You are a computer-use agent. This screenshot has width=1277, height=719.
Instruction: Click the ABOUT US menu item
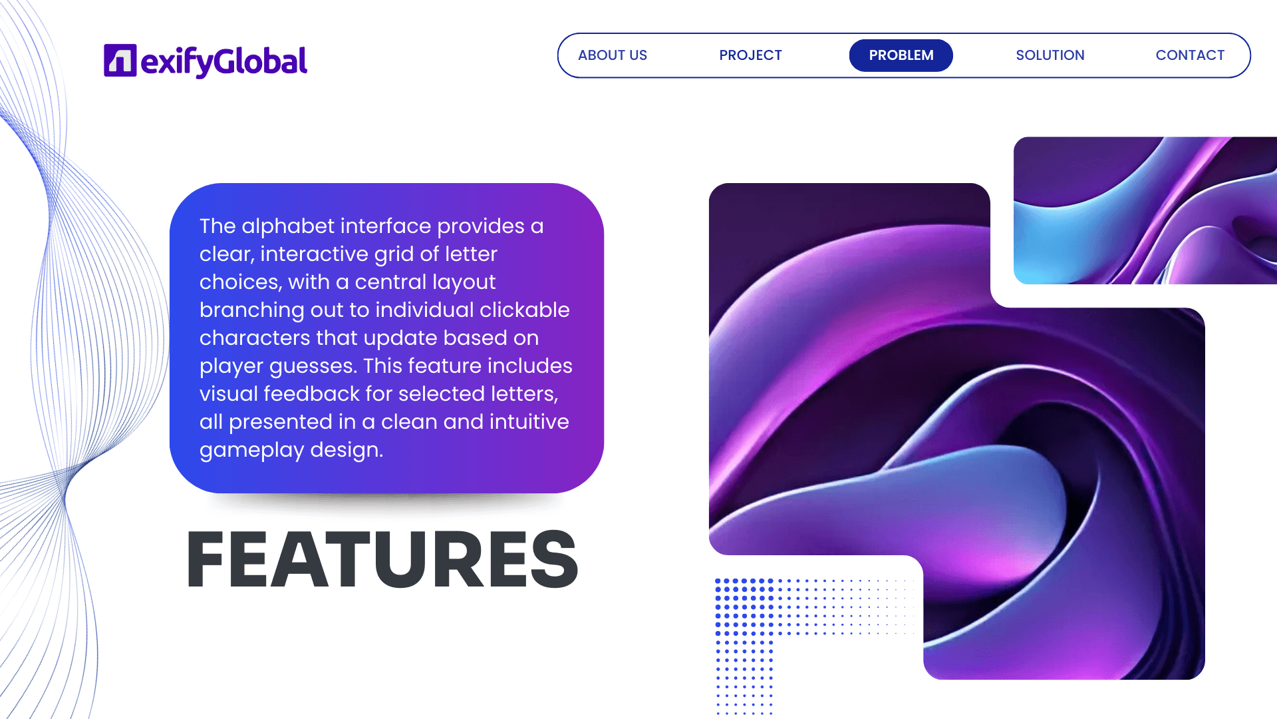[x=612, y=55]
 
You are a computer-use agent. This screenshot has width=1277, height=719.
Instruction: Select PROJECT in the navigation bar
[x=750, y=55]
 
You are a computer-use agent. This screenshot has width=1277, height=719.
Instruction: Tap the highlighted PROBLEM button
[x=901, y=55]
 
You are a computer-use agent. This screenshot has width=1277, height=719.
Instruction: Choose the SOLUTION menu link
[x=1050, y=55]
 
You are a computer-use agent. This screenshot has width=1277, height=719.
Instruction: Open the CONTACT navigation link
[x=1190, y=55]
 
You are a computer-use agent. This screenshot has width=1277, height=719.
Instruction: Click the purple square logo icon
[x=120, y=61]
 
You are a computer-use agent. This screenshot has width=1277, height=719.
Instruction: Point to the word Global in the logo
[x=261, y=61]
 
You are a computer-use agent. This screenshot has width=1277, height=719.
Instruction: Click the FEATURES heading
[x=382, y=559]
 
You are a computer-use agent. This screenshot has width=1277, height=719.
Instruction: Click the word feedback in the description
[x=311, y=394]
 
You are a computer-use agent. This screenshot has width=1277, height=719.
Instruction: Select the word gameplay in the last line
[x=251, y=451]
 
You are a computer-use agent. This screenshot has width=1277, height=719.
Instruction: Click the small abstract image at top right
[x=1145, y=210]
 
